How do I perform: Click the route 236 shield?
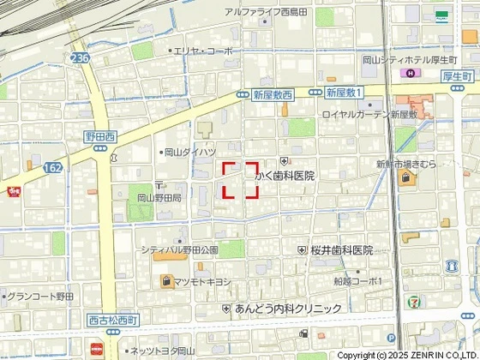[80, 57]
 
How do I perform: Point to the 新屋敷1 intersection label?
[345, 91]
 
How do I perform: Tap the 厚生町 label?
[459, 75]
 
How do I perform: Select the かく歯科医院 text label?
[285, 175]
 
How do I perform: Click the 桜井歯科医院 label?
[341, 250]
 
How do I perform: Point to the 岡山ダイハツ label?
[189, 152]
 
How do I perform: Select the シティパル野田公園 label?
[181, 249]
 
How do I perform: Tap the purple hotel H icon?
[410, 75]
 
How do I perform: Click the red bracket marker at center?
[241, 180]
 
